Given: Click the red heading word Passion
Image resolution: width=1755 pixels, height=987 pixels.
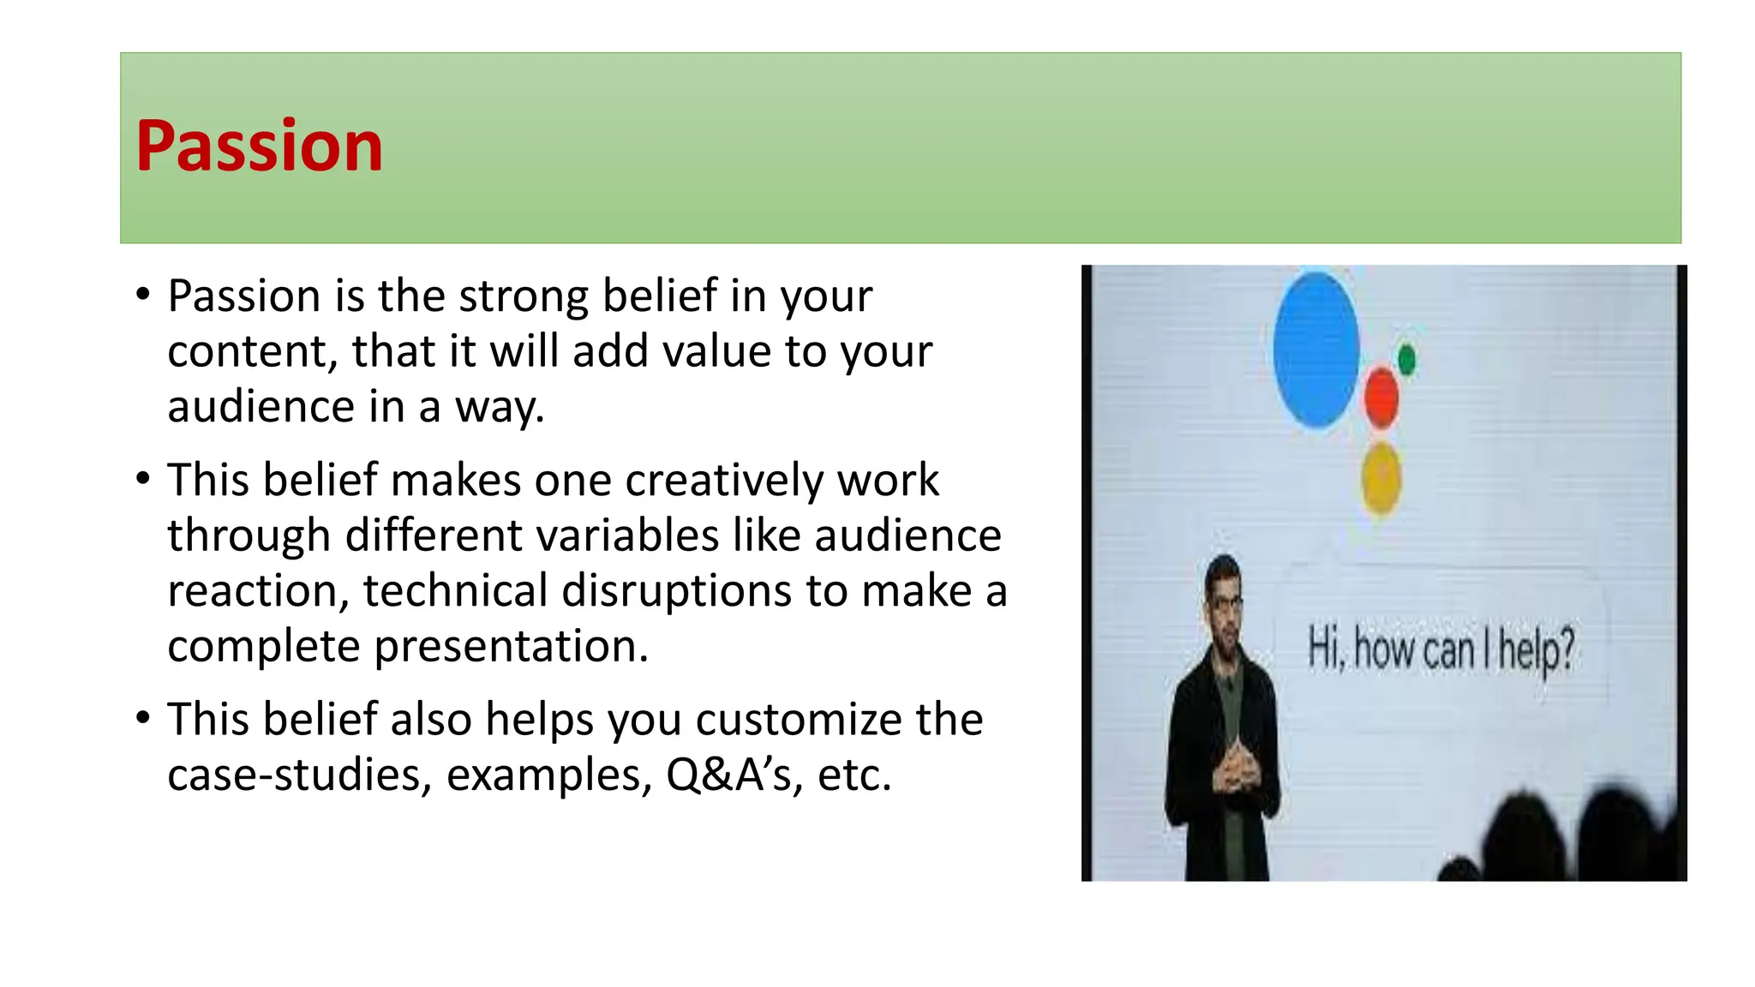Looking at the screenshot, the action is (x=259, y=147).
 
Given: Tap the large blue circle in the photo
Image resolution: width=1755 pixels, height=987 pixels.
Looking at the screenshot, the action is (x=1315, y=349).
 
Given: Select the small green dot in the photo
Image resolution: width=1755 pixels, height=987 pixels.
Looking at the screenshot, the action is (x=1406, y=359).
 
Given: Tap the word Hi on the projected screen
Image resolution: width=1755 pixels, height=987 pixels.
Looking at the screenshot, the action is (x=1325, y=647).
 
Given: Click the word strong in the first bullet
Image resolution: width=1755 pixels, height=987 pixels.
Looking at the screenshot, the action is (x=524, y=296).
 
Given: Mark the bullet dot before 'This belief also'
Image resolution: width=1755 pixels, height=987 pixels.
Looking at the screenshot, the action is (x=142, y=716).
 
